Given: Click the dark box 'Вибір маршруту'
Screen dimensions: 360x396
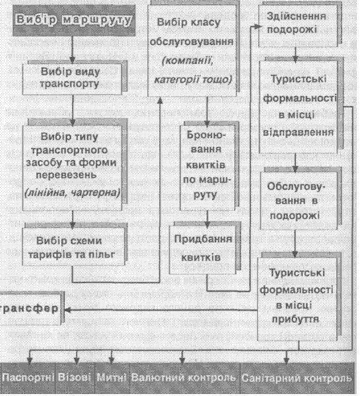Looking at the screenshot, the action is click(74, 20).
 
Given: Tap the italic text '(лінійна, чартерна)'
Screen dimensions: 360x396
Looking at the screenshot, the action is click(73, 192).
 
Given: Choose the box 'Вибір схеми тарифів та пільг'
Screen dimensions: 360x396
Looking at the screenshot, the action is click(73, 247).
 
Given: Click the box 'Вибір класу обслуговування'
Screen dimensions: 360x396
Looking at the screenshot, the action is click(192, 51).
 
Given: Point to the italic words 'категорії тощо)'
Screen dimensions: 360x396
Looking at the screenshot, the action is click(193, 79).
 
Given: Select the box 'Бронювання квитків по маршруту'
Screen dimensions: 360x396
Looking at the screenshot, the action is click(207, 168).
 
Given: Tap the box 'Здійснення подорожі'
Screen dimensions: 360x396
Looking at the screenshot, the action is click(298, 25).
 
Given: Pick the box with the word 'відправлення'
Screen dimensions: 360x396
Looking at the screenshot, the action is click(299, 106).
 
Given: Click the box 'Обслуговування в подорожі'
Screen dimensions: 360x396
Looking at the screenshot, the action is click(299, 201).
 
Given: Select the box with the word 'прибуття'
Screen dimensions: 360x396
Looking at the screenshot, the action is click(297, 299).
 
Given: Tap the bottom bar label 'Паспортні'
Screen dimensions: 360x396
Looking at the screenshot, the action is click(28, 377).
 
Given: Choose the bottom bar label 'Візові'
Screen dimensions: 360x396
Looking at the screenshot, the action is click(75, 377).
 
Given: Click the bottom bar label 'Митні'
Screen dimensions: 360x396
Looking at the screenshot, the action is click(112, 377).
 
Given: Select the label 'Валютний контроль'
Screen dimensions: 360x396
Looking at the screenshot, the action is click(184, 377).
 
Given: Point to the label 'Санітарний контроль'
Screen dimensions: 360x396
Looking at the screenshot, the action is click(297, 378).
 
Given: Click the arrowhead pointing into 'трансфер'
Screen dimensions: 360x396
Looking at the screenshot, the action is click(67, 310).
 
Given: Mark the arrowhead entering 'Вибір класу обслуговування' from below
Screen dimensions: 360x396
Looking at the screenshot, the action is click(160, 100).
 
